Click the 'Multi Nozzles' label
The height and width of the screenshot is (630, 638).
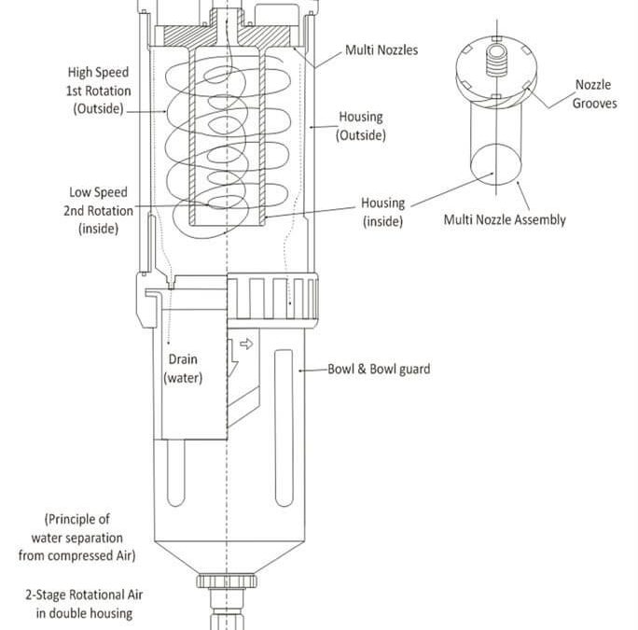[381, 49]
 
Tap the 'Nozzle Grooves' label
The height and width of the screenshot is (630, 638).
[594, 94]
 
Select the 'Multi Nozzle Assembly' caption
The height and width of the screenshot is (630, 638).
[505, 220]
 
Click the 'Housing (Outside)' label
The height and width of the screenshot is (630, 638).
[360, 126]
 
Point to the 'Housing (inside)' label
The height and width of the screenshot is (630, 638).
[383, 212]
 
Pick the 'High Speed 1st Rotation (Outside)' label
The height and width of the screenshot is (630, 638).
[99, 90]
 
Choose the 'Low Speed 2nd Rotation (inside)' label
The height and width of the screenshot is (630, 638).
[98, 210]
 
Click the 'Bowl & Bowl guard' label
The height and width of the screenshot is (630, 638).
[379, 369]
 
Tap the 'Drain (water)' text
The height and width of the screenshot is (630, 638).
[183, 368]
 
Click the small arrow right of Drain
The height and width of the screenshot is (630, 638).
[246, 343]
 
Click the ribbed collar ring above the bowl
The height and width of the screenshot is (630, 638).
[273, 299]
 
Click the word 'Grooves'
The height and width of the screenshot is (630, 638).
[594, 104]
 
